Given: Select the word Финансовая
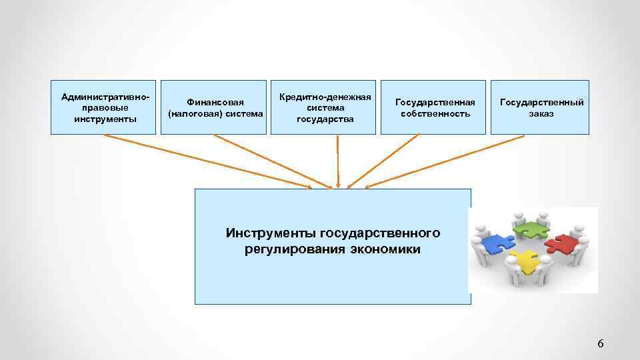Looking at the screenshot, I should tap(215, 102).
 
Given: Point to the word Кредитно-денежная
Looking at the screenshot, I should tap(325, 97).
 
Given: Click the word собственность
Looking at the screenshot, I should tap(435, 113).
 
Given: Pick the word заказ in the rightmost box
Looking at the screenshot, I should tap(541, 113).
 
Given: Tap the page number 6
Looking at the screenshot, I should tap(600, 344).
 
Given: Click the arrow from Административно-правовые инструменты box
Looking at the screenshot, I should tap(207, 161).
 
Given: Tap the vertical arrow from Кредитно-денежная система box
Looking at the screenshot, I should tap(338, 161).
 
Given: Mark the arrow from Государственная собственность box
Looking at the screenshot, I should tap(384, 160).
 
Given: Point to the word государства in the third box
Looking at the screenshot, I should tap(325, 119).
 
